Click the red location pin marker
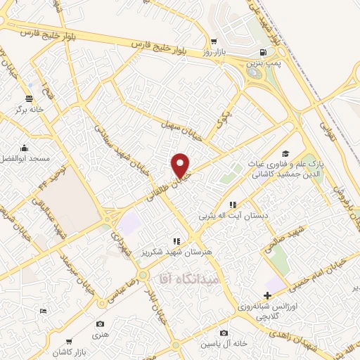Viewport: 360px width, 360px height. (x=181, y=165)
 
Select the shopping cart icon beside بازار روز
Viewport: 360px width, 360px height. (x=212, y=41)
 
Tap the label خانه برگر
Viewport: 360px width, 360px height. (x=30, y=110)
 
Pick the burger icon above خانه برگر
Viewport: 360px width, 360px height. (x=29, y=98)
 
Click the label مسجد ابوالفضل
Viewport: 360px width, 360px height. (x=25, y=159)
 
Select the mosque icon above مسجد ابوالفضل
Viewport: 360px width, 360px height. (x=25, y=148)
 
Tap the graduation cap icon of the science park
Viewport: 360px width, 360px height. (x=285, y=153)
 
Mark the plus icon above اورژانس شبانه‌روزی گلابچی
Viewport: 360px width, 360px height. (x=266, y=295)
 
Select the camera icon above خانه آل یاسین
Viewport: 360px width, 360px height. (x=224, y=333)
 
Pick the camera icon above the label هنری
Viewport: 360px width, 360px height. (x=101, y=323)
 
